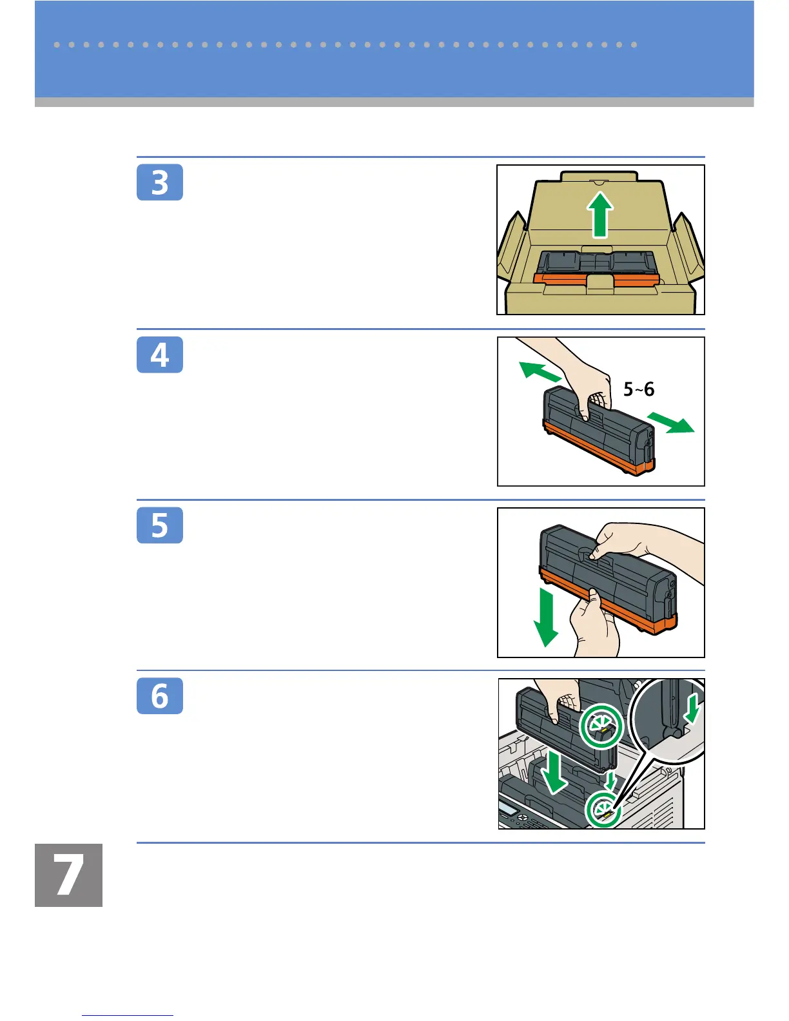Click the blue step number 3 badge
[x=159, y=182]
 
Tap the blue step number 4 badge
[x=159, y=355]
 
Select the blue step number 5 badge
[x=159, y=525]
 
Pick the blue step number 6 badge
[x=159, y=695]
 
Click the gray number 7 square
[x=68, y=875]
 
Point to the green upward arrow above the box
[x=599, y=215]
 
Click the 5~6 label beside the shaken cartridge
[x=639, y=389]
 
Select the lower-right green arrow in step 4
[x=670, y=422]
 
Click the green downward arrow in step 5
[x=546, y=618]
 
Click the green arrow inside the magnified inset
[x=692, y=710]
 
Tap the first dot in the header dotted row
[x=57, y=44]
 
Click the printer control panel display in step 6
[x=509, y=807]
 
